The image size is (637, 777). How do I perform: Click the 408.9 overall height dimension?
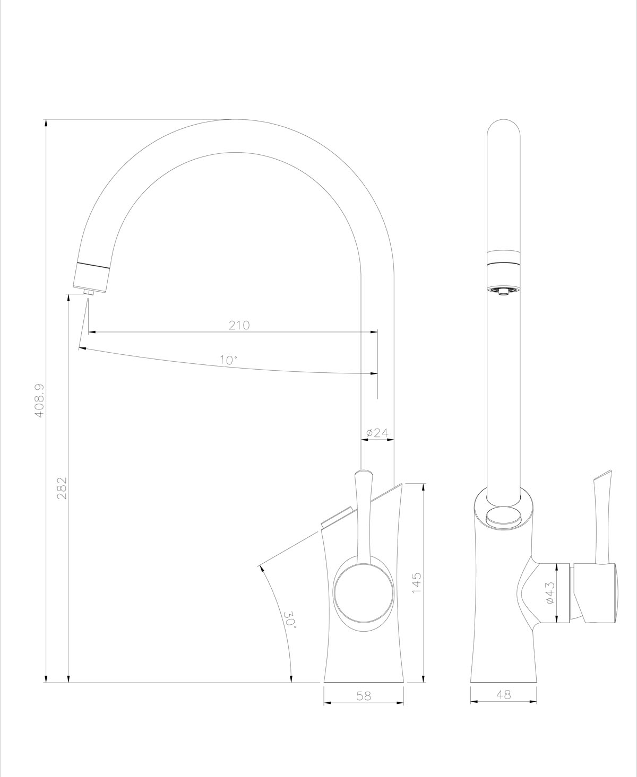39,400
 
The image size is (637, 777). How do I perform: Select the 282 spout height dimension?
62,487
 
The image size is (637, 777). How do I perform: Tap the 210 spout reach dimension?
239,325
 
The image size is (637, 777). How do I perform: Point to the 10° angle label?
228,360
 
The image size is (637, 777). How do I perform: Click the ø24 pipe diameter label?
377,433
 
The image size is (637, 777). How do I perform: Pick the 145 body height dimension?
416,582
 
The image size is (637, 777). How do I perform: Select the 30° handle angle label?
289,619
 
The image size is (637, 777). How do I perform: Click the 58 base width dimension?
364,695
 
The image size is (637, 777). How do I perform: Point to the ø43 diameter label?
549,592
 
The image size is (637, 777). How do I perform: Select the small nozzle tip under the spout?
88,292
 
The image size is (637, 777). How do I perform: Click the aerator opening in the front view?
503,291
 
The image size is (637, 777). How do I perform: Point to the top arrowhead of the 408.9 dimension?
46,124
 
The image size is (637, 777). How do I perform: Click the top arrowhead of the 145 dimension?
423,487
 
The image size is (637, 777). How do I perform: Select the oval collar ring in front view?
503,514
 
